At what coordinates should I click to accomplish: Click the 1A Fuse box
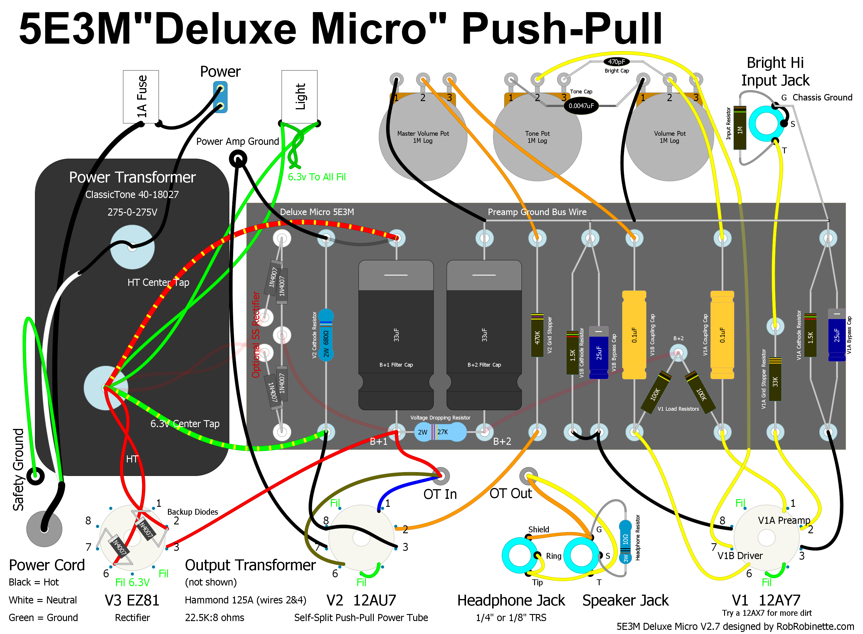140,96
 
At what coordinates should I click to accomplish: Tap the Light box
299,96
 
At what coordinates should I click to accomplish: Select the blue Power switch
220,98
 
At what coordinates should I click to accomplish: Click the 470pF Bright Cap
616,62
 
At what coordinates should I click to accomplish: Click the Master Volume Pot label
423,137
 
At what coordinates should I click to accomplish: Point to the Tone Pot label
537,137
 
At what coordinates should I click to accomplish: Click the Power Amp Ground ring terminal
238,159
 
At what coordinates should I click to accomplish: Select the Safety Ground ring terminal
35,476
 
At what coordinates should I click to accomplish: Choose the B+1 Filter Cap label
396,365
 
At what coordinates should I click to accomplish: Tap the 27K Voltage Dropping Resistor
440,432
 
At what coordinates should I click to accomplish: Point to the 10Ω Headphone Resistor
625,542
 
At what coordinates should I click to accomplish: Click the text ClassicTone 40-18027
132,194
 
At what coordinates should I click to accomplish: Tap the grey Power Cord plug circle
44,529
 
